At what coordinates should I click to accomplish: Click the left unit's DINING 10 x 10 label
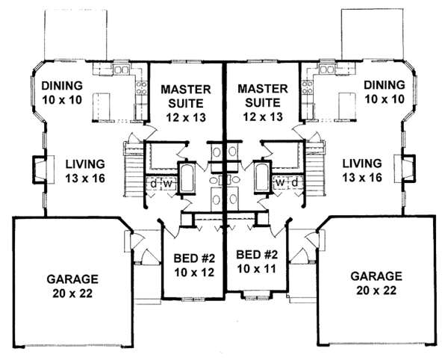[62, 93]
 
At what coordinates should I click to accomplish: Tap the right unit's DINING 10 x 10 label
[385, 92]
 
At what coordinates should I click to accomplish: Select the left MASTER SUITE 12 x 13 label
[186, 103]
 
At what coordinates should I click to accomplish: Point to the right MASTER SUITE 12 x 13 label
[263, 102]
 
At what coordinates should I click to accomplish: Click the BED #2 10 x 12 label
[194, 265]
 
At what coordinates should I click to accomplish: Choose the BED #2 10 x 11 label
[257, 261]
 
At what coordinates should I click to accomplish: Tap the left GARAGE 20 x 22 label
[72, 286]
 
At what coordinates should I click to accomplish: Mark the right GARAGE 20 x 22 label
[376, 283]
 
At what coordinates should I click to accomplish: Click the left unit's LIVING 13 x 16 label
[85, 171]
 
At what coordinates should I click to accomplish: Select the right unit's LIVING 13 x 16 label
[362, 170]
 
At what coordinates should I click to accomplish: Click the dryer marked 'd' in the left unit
[154, 184]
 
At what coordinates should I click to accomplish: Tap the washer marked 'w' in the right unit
[281, 183]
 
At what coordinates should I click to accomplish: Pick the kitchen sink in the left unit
[122, 69]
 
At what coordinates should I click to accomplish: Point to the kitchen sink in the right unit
[327, 69]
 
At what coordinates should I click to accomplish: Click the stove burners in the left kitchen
[141, 88]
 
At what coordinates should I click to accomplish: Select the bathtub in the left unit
[187, 178]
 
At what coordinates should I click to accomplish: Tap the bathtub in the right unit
[262, 177]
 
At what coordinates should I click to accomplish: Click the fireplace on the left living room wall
[40, 170]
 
